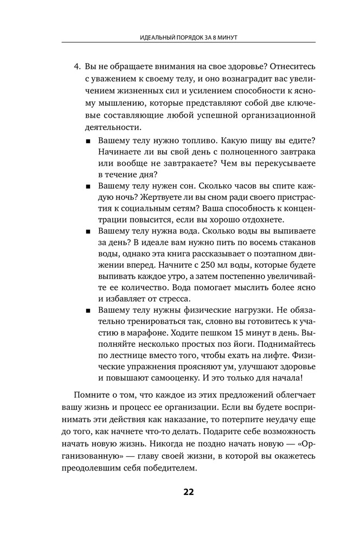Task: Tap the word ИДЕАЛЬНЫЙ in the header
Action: pyautogui.click(x=155, y=37)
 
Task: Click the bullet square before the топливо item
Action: pyautogui.click(x=88, y=141)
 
